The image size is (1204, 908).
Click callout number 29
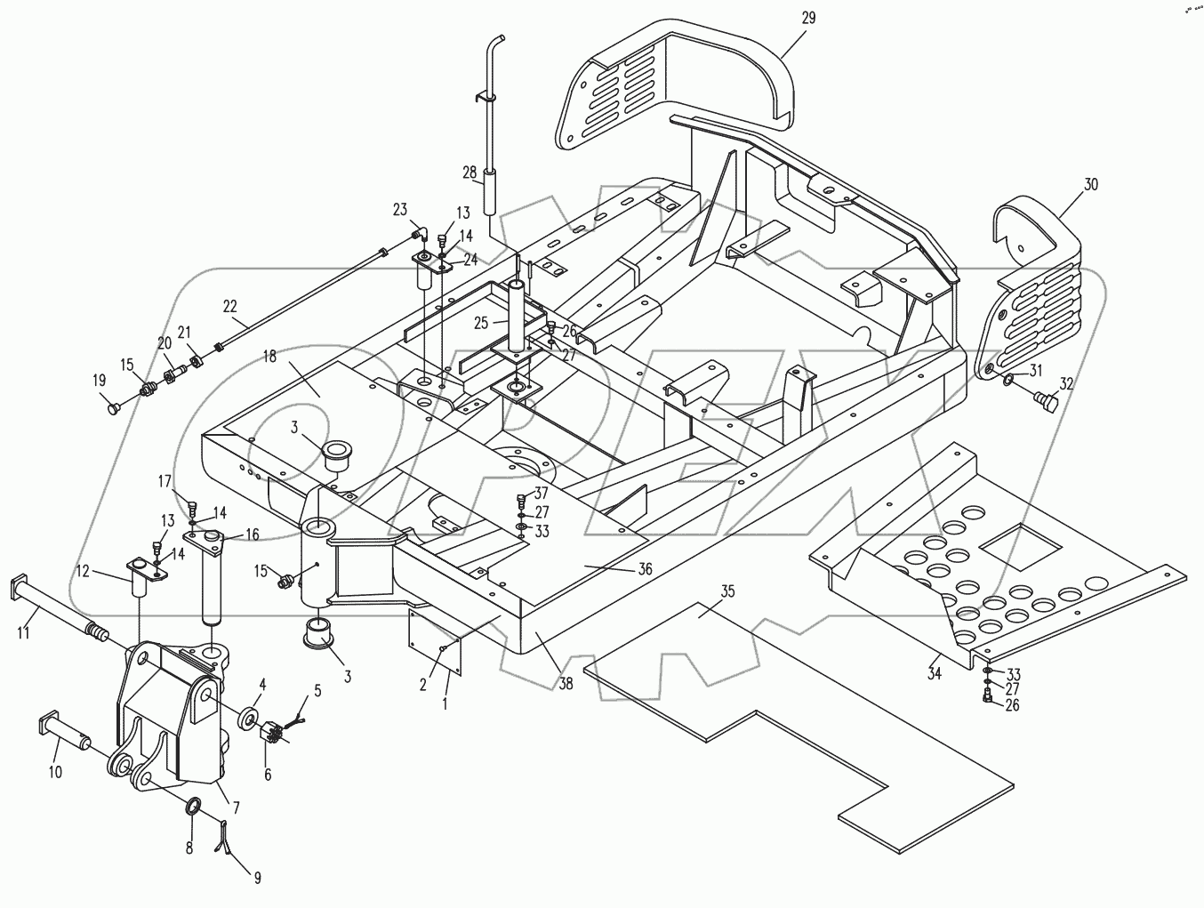(807, 18)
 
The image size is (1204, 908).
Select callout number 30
(1091, 185)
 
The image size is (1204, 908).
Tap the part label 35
(727, 590)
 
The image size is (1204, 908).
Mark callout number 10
(55, 772)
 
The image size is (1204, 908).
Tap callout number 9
(257, 878)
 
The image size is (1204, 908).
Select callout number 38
(566, 685)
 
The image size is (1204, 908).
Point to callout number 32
(1066, 385)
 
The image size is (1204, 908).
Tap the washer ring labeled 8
(193, 808)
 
